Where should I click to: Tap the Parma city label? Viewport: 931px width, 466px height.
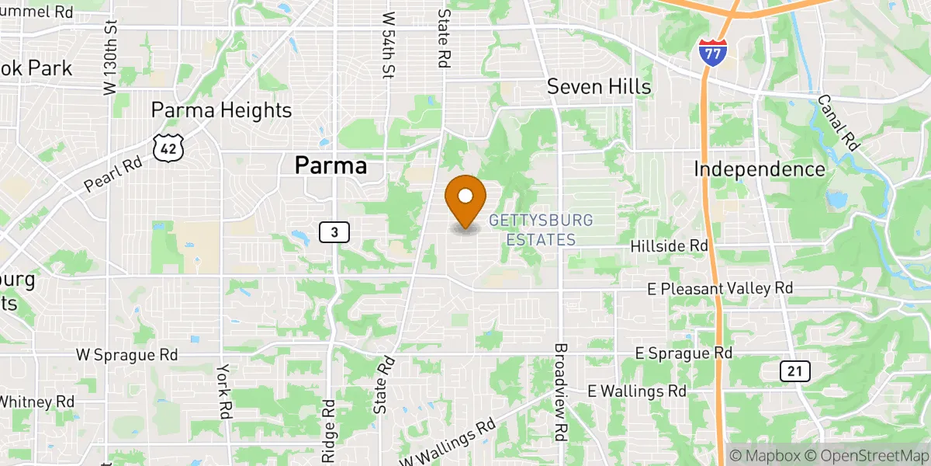pos(330,165)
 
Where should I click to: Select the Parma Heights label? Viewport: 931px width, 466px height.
pos(221,110)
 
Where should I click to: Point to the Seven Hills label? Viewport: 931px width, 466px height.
pos(599,86)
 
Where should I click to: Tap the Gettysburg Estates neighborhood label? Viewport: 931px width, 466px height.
pos(541,230)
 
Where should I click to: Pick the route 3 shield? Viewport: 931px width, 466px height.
pos(334,231)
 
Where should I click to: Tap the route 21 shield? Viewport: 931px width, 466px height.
pos(794,371)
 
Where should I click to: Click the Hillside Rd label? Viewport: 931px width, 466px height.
pos(669,245)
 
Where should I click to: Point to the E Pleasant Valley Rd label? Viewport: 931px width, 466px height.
pos(720,288)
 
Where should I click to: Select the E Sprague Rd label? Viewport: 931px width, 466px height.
pos(684,353)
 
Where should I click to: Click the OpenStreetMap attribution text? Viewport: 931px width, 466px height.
pos(865,455)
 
